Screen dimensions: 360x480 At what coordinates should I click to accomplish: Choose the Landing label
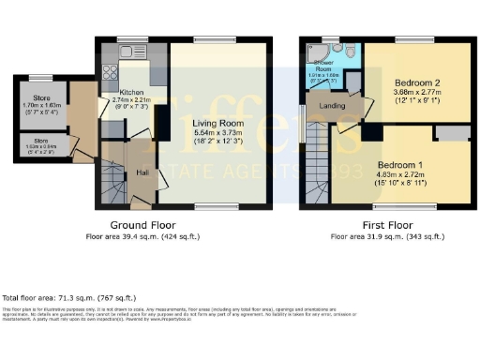point(332,106)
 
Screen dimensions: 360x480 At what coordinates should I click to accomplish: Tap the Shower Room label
point(322,67)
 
